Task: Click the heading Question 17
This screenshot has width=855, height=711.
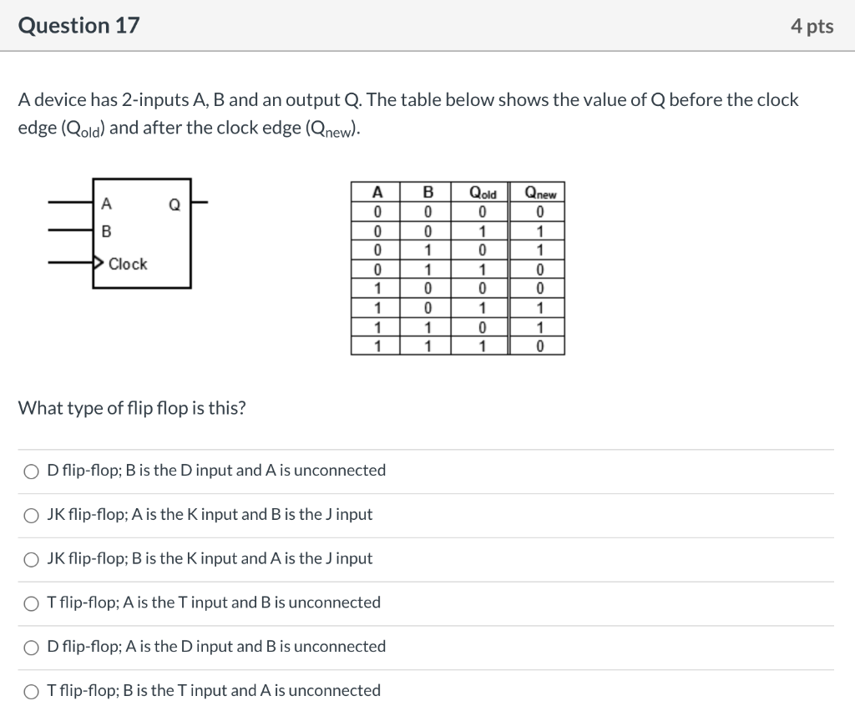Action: coord(79,26)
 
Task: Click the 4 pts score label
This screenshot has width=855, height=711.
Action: coord(812,27)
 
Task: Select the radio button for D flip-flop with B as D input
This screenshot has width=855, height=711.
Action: coord(31,471)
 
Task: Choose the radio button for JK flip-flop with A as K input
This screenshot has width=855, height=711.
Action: coord(31,515)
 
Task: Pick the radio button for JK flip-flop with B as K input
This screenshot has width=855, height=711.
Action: coord(31,559)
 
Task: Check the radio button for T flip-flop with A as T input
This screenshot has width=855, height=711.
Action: coord(31,603)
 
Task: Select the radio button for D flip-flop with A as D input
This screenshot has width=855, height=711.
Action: coord(31,647)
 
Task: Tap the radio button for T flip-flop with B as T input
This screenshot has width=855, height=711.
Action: coord(31,691)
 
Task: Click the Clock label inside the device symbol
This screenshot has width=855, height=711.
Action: coord(128,264)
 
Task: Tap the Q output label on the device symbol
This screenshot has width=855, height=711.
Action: coord(175,203)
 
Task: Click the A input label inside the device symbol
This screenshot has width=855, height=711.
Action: coord(105,203)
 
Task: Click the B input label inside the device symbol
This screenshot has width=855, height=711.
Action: coord(105,231)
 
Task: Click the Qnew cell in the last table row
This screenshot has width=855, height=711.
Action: coord(539,346)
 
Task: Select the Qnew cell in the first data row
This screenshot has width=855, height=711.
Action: coord(539,211)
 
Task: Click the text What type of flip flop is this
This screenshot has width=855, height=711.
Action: coord(132,408)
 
